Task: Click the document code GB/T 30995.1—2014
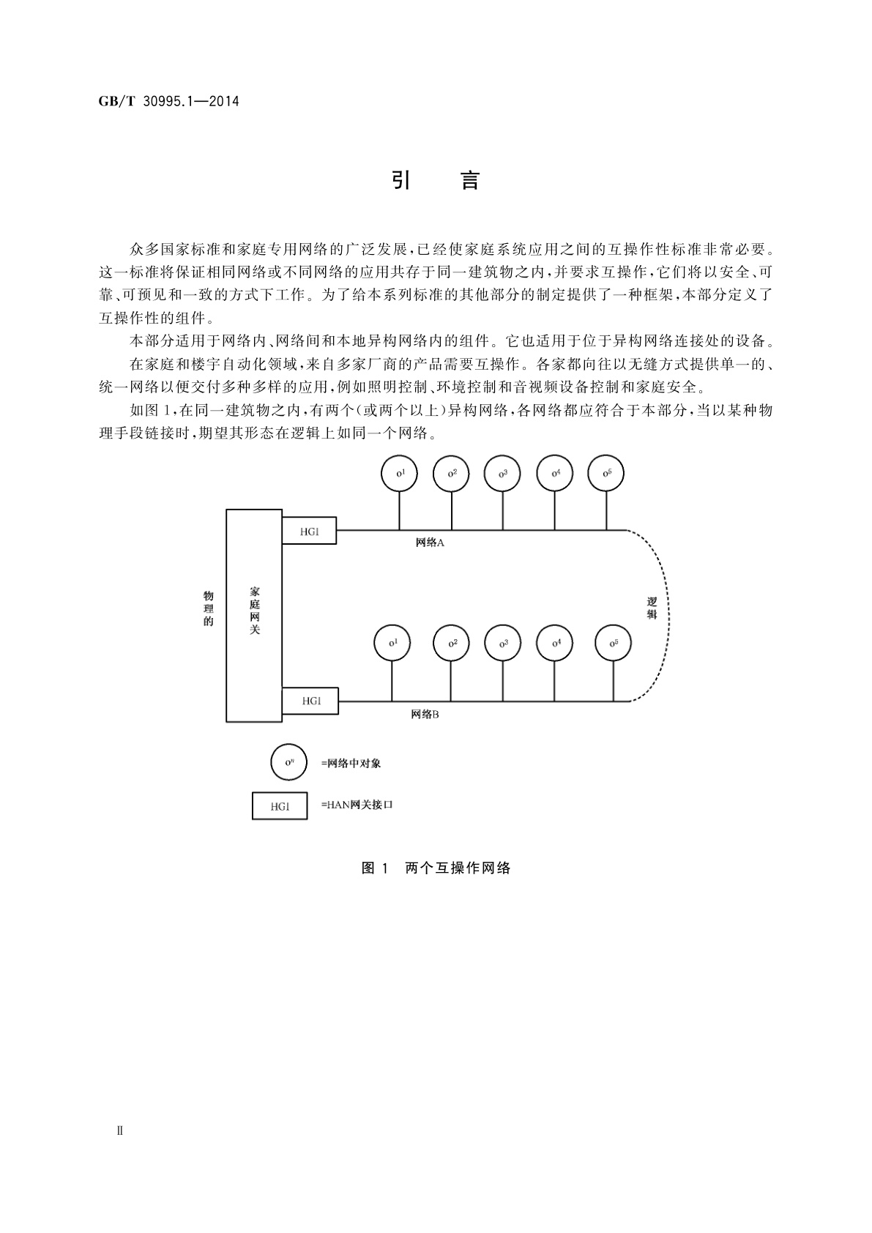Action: tap(168, 101)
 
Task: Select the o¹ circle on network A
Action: tap(399, 473)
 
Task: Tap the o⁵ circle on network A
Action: tap(606, 473)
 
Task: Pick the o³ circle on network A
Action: tap(502, 473)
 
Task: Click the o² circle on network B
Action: tap(452, 643)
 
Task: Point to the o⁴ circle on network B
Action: tap(556, 643)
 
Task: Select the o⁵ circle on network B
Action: tap(613, 643)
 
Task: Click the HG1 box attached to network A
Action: tap(309, 532)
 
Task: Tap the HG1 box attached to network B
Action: tap(310, 701)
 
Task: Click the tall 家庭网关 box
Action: tap(254, 615)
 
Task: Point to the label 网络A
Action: tap(430, 543)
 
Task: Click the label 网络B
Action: tap(425, 714)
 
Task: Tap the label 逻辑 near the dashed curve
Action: tap(652, 608)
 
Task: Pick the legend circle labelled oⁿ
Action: tap(288, 762)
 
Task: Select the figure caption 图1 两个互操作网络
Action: tap(436, 868)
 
